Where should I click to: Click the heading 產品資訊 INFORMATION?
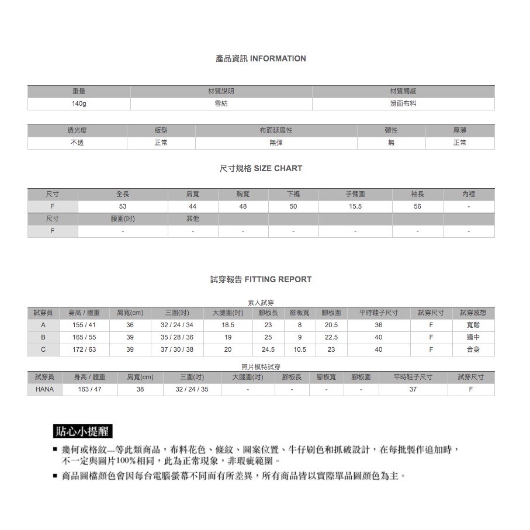tap(261, 58)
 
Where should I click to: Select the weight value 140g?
tap(79, 104)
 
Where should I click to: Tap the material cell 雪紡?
tap(221, 104)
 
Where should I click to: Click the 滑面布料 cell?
tap(403, 104)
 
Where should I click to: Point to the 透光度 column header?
tap(77, 130)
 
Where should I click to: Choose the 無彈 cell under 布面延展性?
tap(276, 143)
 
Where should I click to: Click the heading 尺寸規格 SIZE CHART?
tap(261, 168)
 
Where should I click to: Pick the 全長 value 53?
tap(123, 207)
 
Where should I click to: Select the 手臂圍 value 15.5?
tap(355, 207)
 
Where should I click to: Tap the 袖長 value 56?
tap(417, 207)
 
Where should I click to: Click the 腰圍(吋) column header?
tap(123, 219)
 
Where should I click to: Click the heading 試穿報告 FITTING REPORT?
tap(261, 279)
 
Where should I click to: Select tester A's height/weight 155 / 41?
tap(84, 325)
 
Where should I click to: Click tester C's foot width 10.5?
tap(300, 349)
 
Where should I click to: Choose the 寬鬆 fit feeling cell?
tap(473, 325)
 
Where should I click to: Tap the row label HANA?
tap(44, 389)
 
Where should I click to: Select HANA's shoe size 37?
tap(413, 389)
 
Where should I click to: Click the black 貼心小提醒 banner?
tap(82, 432)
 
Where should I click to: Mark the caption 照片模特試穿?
tap(261, 366)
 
